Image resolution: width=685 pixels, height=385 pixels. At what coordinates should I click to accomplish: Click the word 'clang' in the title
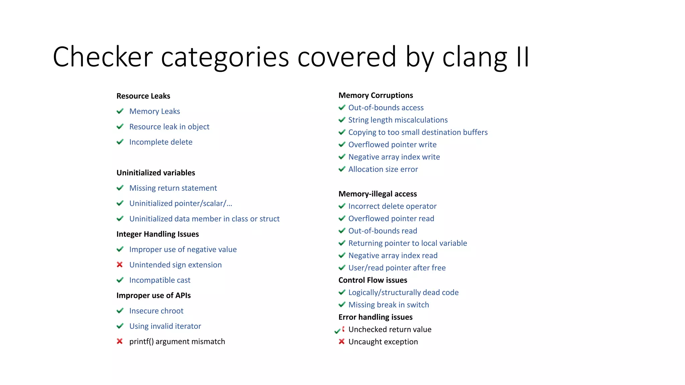click(x=475, y=57)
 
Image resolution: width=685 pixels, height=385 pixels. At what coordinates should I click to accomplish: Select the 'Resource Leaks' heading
click(x=143, y=96)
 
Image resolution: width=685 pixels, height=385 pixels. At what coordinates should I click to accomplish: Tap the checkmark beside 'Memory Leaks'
click(x=120, y=111)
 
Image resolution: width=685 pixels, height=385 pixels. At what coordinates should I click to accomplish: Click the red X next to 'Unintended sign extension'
click(x=120, y=265)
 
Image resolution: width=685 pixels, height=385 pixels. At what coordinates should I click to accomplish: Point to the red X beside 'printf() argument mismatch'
click(x=120, y=341)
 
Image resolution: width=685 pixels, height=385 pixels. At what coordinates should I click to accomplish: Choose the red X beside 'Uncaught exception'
click(x=341, y=342)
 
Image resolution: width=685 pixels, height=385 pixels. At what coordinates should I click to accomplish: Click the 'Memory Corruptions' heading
click(x=376, y=96)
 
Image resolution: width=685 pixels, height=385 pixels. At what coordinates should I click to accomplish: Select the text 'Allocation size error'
click(x=383, y=169)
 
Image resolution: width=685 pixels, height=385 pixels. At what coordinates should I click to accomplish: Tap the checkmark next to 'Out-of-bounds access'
click(x=342, y=108)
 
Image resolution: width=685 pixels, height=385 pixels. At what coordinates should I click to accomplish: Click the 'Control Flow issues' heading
click(x=373, y=280)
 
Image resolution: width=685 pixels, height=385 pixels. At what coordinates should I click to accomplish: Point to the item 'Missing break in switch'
click(x=389, y=305)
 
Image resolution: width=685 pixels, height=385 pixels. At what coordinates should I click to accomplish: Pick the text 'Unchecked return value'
click(x=390, y=330)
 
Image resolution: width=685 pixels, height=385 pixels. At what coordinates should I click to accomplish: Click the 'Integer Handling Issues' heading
click(x=158, y=234)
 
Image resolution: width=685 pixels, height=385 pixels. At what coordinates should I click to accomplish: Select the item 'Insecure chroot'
click(x=156, y=311)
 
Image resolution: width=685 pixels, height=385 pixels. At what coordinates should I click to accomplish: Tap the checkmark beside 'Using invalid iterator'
click(x=120, y=326)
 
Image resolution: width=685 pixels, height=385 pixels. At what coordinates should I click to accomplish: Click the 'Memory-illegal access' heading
click(x=378, y=194)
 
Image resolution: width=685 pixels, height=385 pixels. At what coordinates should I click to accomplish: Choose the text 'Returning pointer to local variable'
click(x=407, y=243)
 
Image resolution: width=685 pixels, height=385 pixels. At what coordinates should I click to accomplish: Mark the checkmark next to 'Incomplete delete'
click(x=120, y=142)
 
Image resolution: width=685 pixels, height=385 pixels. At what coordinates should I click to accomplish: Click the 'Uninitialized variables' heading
click(x=156, y=173)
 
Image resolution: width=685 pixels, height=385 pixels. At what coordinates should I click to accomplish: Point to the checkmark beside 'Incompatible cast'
click(x=120, y=280)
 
